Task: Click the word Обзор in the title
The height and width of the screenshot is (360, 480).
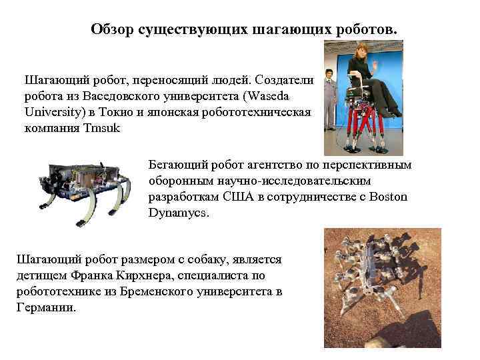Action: coord(113,30)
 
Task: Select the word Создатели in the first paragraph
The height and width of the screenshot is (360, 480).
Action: coord(283,79)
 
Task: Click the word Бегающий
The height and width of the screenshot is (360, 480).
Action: coord(175,165)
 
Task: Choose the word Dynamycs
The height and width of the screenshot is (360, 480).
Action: coord(179,213)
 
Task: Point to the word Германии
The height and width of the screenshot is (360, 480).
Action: coord(45,308)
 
